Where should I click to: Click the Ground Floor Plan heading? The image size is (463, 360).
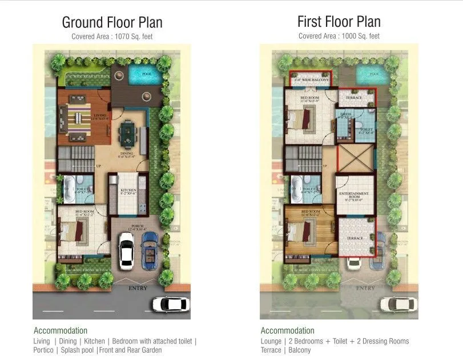[112, 22]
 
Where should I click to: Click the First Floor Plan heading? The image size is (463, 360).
[339, 22]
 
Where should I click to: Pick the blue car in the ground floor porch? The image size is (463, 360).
[150, 246]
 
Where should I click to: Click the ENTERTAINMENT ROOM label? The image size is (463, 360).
[354, 196]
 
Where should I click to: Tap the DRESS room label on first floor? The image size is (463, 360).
[345, 117]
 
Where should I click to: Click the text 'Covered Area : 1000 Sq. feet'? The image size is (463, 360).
[339, 36]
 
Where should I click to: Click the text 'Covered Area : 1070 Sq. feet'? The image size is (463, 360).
[112, 37]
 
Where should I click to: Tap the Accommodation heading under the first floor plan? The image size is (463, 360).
[287, 330]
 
